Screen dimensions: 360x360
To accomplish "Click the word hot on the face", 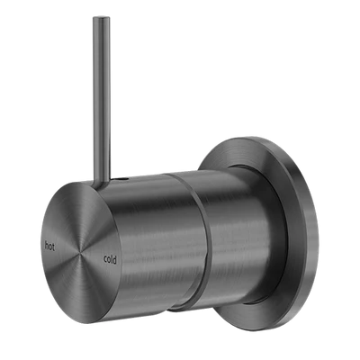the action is coord(49,246).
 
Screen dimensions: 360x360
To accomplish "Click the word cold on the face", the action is coord(110,259).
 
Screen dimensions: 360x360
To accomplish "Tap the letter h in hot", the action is coord(47,246).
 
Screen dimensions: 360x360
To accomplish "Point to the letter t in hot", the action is coord(53,247).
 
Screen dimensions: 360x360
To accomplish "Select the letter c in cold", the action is coord(105,259).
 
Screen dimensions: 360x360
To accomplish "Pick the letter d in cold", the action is coord(114,260).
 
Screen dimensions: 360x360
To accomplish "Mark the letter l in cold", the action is coord(112,259).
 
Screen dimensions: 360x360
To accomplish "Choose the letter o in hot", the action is coord(50,247).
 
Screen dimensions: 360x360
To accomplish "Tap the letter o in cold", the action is coord(108,260).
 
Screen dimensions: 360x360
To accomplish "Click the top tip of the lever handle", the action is coord(101,17).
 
